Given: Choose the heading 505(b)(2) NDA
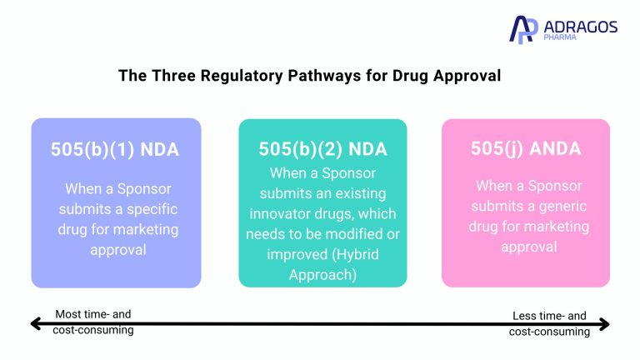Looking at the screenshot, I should [323, 149].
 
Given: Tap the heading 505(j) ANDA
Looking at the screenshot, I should [526, 149].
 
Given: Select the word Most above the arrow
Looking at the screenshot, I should [69, 314].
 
